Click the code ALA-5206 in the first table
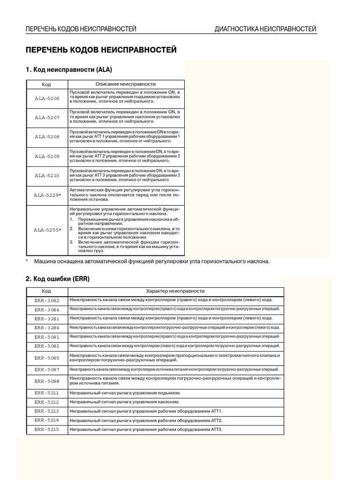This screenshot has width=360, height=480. (47, 98)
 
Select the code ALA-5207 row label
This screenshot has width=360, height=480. (47, 118)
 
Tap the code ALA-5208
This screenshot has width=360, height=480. (47, 137)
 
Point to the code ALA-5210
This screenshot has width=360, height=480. (47, 175)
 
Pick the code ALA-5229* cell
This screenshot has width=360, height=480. (47, 195)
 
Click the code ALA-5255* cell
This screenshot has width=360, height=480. (47, 230)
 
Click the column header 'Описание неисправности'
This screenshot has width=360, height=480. (126, 84)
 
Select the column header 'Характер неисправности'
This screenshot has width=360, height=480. (175, 291)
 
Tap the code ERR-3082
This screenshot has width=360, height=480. (47, 300)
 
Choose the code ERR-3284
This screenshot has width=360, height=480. (47, 328)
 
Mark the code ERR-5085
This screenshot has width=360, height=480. (47, 358)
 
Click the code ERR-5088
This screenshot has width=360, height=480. (47, 381)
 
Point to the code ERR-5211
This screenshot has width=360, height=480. (47, 393)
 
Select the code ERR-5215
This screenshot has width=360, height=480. (47, 429)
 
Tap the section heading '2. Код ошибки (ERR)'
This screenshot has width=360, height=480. (57, 278)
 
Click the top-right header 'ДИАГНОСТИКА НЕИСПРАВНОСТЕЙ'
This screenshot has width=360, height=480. (265, 29)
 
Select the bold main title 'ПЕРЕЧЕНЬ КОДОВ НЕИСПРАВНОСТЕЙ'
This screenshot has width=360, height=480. (101, 50)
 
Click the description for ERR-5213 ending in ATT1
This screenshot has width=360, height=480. (146, 411)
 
